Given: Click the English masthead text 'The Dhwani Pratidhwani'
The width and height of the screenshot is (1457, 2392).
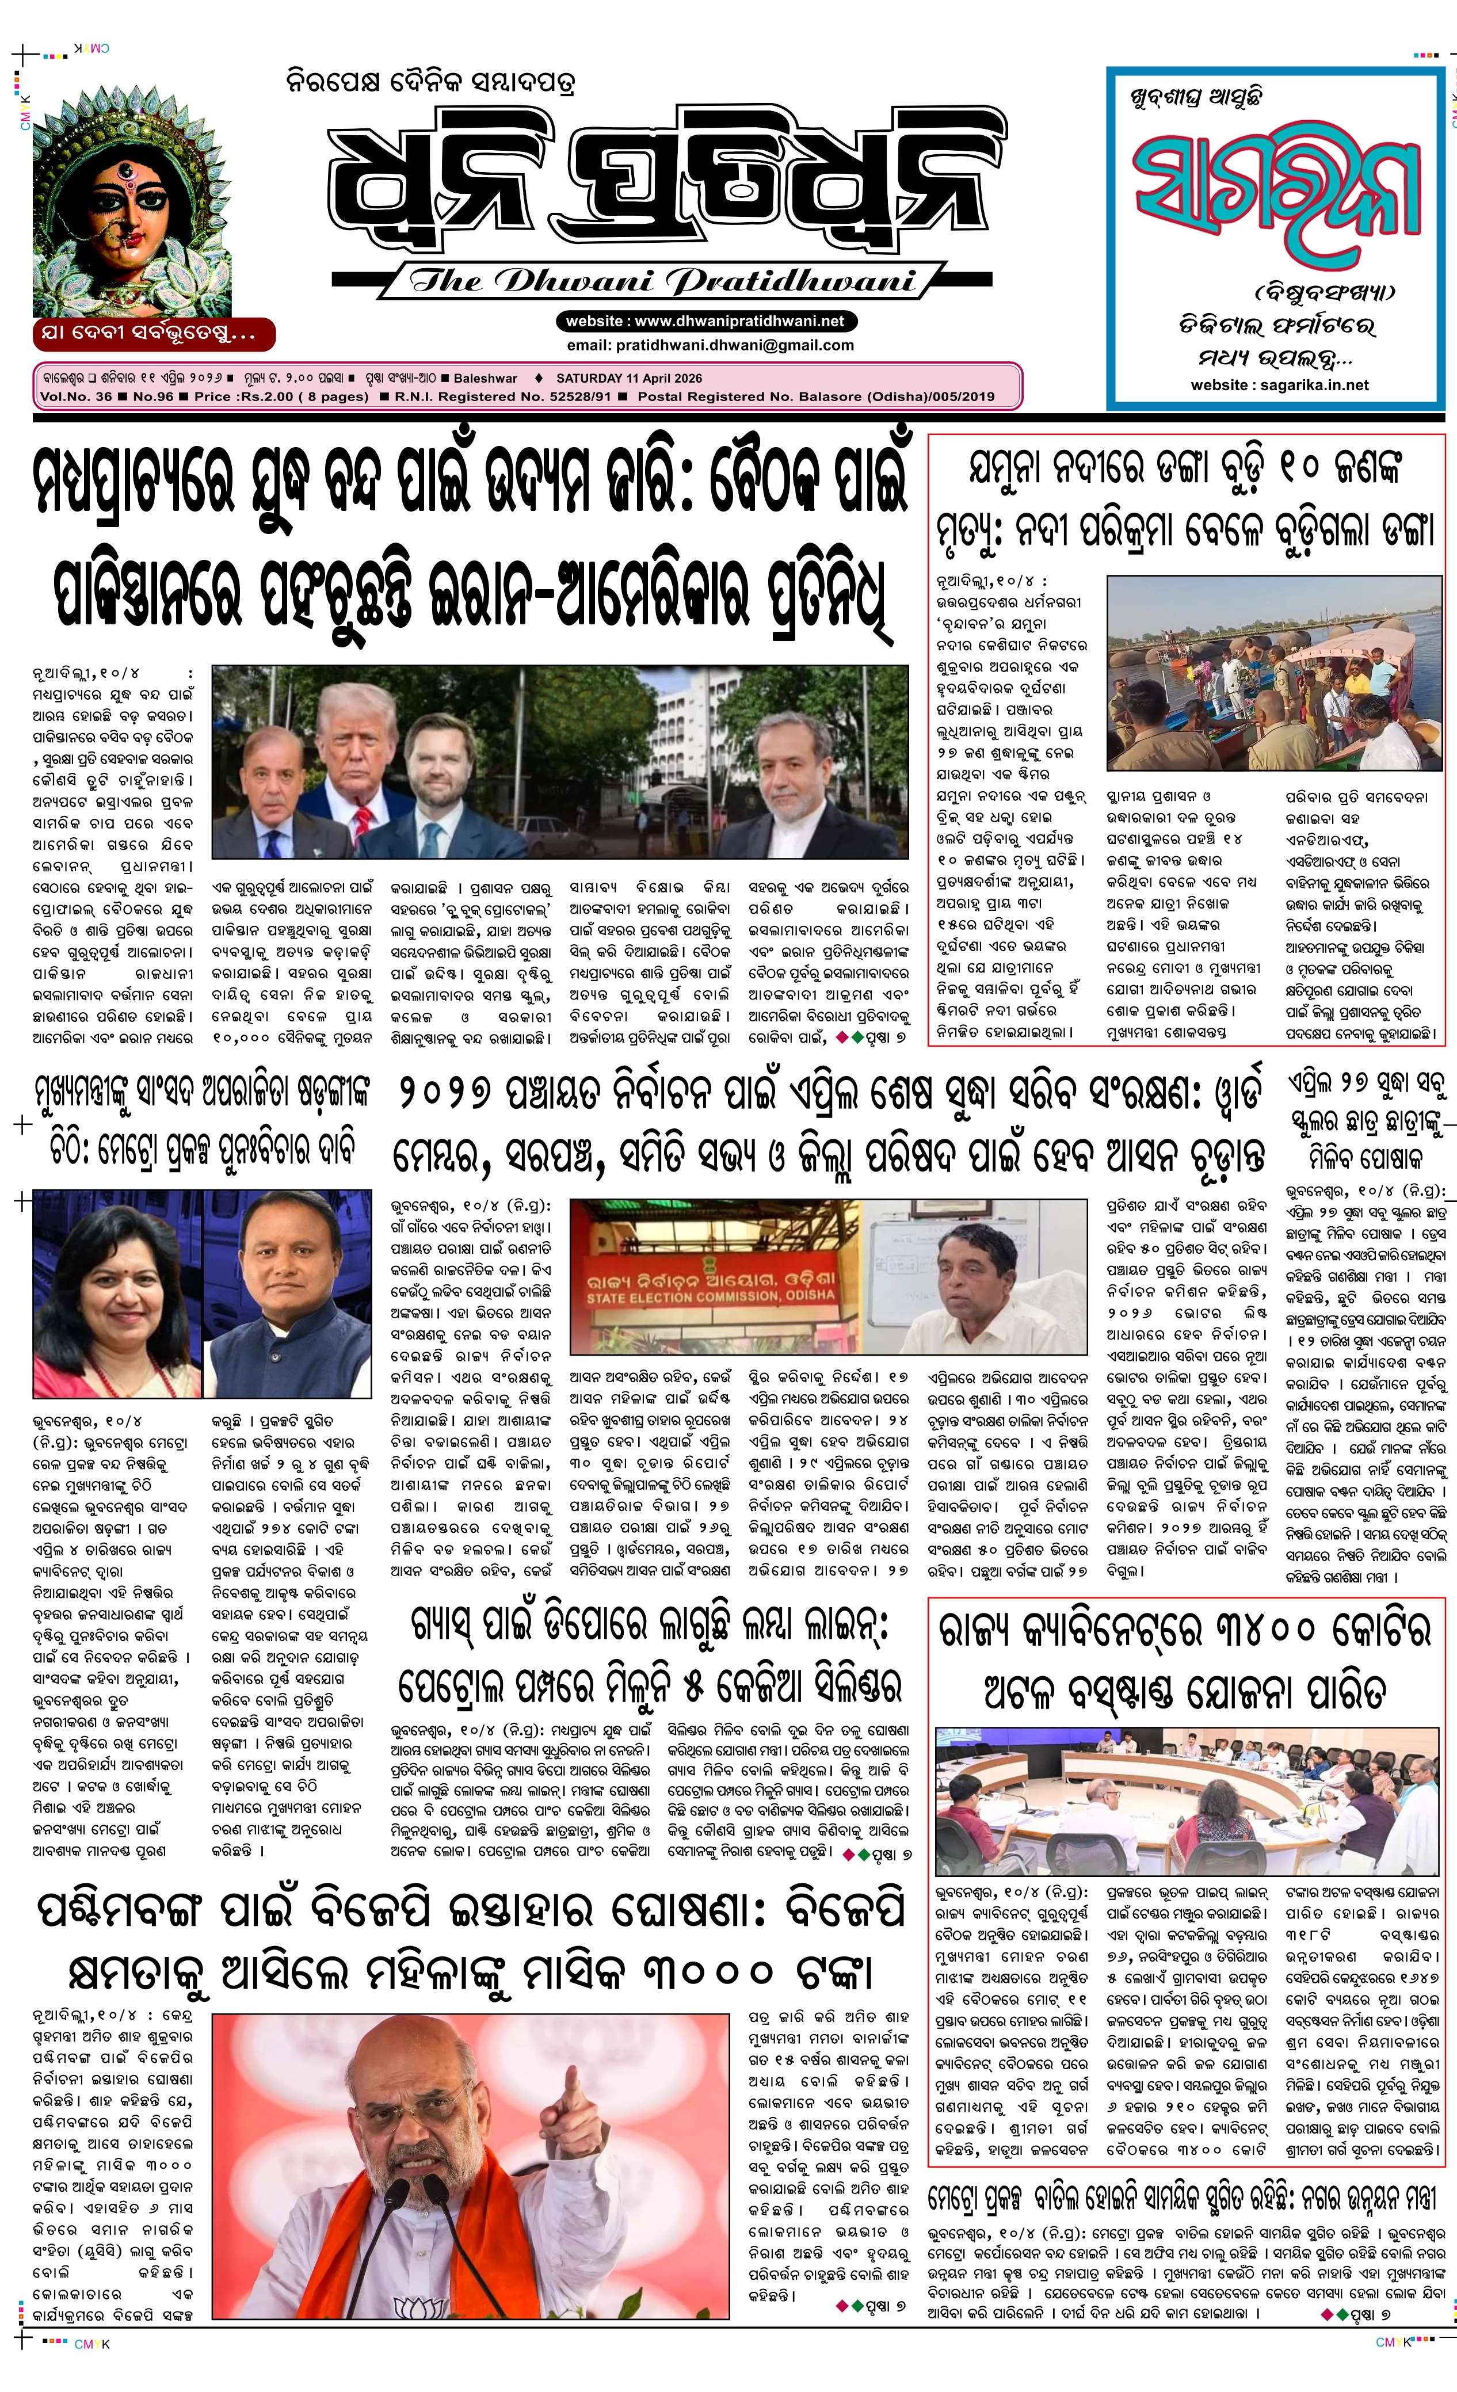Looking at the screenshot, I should point(662,281).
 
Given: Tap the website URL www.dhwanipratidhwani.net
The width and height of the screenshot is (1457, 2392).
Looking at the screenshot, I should point(705,321).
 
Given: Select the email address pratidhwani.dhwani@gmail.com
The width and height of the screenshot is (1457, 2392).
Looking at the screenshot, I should point(711,345).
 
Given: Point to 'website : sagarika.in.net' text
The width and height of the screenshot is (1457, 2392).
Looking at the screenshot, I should point(1279,384).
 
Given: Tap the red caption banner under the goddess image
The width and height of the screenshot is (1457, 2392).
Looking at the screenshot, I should point(154,334).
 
